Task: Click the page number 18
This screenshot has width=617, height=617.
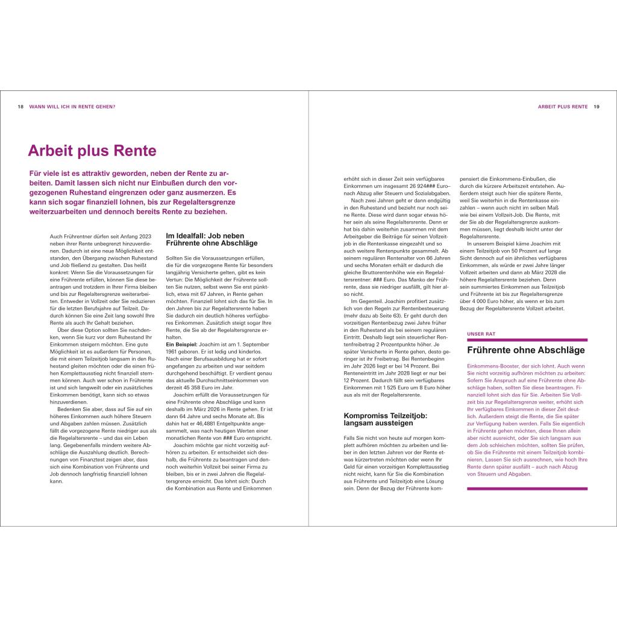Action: (20, 107)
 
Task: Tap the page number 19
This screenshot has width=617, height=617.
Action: (597, 107)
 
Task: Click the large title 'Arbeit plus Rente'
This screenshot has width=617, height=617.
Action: (92, 151)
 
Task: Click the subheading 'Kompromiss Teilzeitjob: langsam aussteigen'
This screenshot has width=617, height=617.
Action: (386, 419)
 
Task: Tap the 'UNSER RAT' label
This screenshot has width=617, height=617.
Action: (481, 333)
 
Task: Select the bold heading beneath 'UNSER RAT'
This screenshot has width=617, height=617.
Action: (526, 349)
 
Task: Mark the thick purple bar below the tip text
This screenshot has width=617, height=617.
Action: (527, 488)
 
